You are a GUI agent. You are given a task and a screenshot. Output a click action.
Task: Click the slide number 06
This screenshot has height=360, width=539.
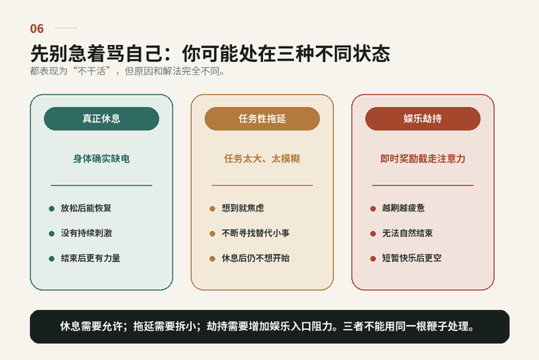[37, 29]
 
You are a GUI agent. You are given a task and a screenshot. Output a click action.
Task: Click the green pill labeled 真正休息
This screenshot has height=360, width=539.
[101, 118]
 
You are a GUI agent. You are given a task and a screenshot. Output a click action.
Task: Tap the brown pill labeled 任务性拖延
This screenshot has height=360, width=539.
[262, 118]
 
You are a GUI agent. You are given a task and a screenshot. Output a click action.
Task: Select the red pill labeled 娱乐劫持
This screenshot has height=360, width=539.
[423, 118]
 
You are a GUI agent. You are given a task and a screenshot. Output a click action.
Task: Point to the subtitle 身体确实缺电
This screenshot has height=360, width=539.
[101, 158]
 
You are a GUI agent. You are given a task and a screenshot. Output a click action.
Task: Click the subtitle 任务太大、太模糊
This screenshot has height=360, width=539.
[262, 158]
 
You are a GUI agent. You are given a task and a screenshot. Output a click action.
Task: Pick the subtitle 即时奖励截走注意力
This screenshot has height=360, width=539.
[423, 158]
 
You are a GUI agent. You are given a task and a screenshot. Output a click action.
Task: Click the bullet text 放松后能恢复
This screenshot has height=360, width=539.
[86, 208]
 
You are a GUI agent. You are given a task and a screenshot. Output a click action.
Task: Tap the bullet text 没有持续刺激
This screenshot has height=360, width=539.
[87, 233]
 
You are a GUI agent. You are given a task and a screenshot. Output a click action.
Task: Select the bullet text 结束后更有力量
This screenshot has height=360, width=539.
[91, 258]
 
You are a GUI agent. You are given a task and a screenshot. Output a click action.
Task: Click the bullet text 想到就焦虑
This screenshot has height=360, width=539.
[243, 208]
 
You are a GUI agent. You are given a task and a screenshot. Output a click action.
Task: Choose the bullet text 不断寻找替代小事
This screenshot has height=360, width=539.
[256, 233]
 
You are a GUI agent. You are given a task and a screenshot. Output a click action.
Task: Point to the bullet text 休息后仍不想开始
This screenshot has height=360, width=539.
[256, 258]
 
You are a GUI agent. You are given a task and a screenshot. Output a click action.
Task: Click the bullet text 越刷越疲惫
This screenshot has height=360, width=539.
[403, 208]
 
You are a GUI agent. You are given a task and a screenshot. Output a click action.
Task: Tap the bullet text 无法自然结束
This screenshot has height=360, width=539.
[408, 233]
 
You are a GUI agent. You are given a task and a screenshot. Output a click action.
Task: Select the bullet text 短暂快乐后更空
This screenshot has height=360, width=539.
[412, 258]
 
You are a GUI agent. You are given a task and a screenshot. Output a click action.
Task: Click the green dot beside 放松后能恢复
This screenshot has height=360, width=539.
[51, 208]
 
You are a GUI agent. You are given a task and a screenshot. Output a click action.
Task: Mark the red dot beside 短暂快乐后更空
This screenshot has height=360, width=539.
[373, 259]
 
